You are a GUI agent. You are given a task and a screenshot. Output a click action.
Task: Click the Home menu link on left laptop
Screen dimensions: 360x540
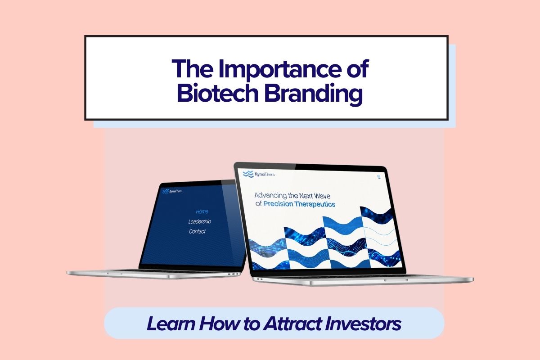pos(202,211)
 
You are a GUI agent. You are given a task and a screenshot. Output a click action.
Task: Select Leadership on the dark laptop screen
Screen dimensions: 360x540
pos(199,221)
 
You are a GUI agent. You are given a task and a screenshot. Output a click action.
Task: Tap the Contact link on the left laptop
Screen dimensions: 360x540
pos(197,231)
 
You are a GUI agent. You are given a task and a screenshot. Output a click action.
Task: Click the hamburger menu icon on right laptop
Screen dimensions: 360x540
pos(378,177)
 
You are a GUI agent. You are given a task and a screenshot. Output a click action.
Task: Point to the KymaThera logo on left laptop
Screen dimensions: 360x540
pos(172,191)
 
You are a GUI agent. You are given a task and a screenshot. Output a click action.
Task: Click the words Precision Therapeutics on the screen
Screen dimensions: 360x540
pos(299,204)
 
